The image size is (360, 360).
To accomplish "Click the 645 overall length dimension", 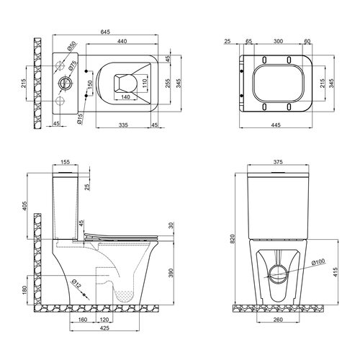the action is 105,32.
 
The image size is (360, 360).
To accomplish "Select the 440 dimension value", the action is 122,41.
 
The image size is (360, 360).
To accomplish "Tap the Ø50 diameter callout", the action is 71,46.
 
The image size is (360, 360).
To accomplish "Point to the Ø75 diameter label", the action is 73,66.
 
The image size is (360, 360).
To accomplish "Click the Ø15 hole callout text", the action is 80,119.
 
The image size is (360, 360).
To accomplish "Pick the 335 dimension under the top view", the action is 123,125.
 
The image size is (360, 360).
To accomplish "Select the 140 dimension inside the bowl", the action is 125,96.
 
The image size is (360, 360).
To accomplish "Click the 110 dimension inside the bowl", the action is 144,83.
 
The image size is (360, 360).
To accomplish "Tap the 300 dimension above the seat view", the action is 278,41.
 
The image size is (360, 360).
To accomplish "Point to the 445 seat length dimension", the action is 276,125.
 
